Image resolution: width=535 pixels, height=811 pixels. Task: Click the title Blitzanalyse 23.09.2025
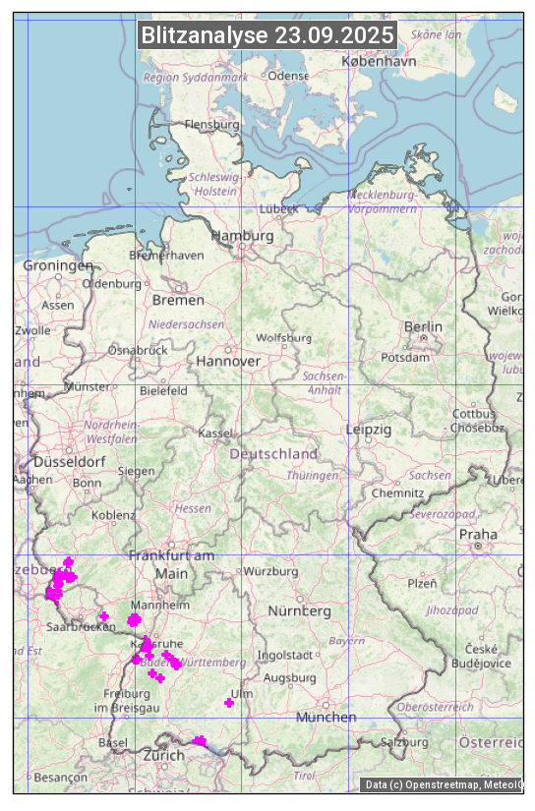pos(267,35)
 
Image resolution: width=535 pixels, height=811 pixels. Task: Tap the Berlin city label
pos(423,326)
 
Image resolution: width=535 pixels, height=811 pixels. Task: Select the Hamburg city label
pos(242,236)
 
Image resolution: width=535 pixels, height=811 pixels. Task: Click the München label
pos(326,718)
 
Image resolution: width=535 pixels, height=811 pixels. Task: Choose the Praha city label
pos(478,535)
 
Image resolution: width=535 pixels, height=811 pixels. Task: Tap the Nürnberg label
pos(299,611)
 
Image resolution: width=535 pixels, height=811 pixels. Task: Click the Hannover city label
pos(228,361)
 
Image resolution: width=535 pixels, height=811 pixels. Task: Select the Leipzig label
pos(369,430)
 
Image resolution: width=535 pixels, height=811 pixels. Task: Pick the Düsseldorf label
pos(69,461)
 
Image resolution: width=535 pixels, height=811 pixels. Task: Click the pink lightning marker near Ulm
pos(229,702)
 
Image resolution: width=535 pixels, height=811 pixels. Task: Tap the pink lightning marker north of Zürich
pos(200,740)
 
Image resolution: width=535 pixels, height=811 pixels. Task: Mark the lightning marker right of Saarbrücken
pos(104,616)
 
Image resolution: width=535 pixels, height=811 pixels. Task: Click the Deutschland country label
pos(273,454)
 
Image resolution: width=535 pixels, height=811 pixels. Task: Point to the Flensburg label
pos(211,125)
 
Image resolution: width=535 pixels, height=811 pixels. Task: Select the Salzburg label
pos(404,742)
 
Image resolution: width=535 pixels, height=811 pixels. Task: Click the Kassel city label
pos(214,434)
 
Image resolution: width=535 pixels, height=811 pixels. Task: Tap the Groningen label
pos(57,265)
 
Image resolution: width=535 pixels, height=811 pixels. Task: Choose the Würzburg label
pos(270,571)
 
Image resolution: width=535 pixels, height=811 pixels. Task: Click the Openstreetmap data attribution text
pos(443,784)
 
